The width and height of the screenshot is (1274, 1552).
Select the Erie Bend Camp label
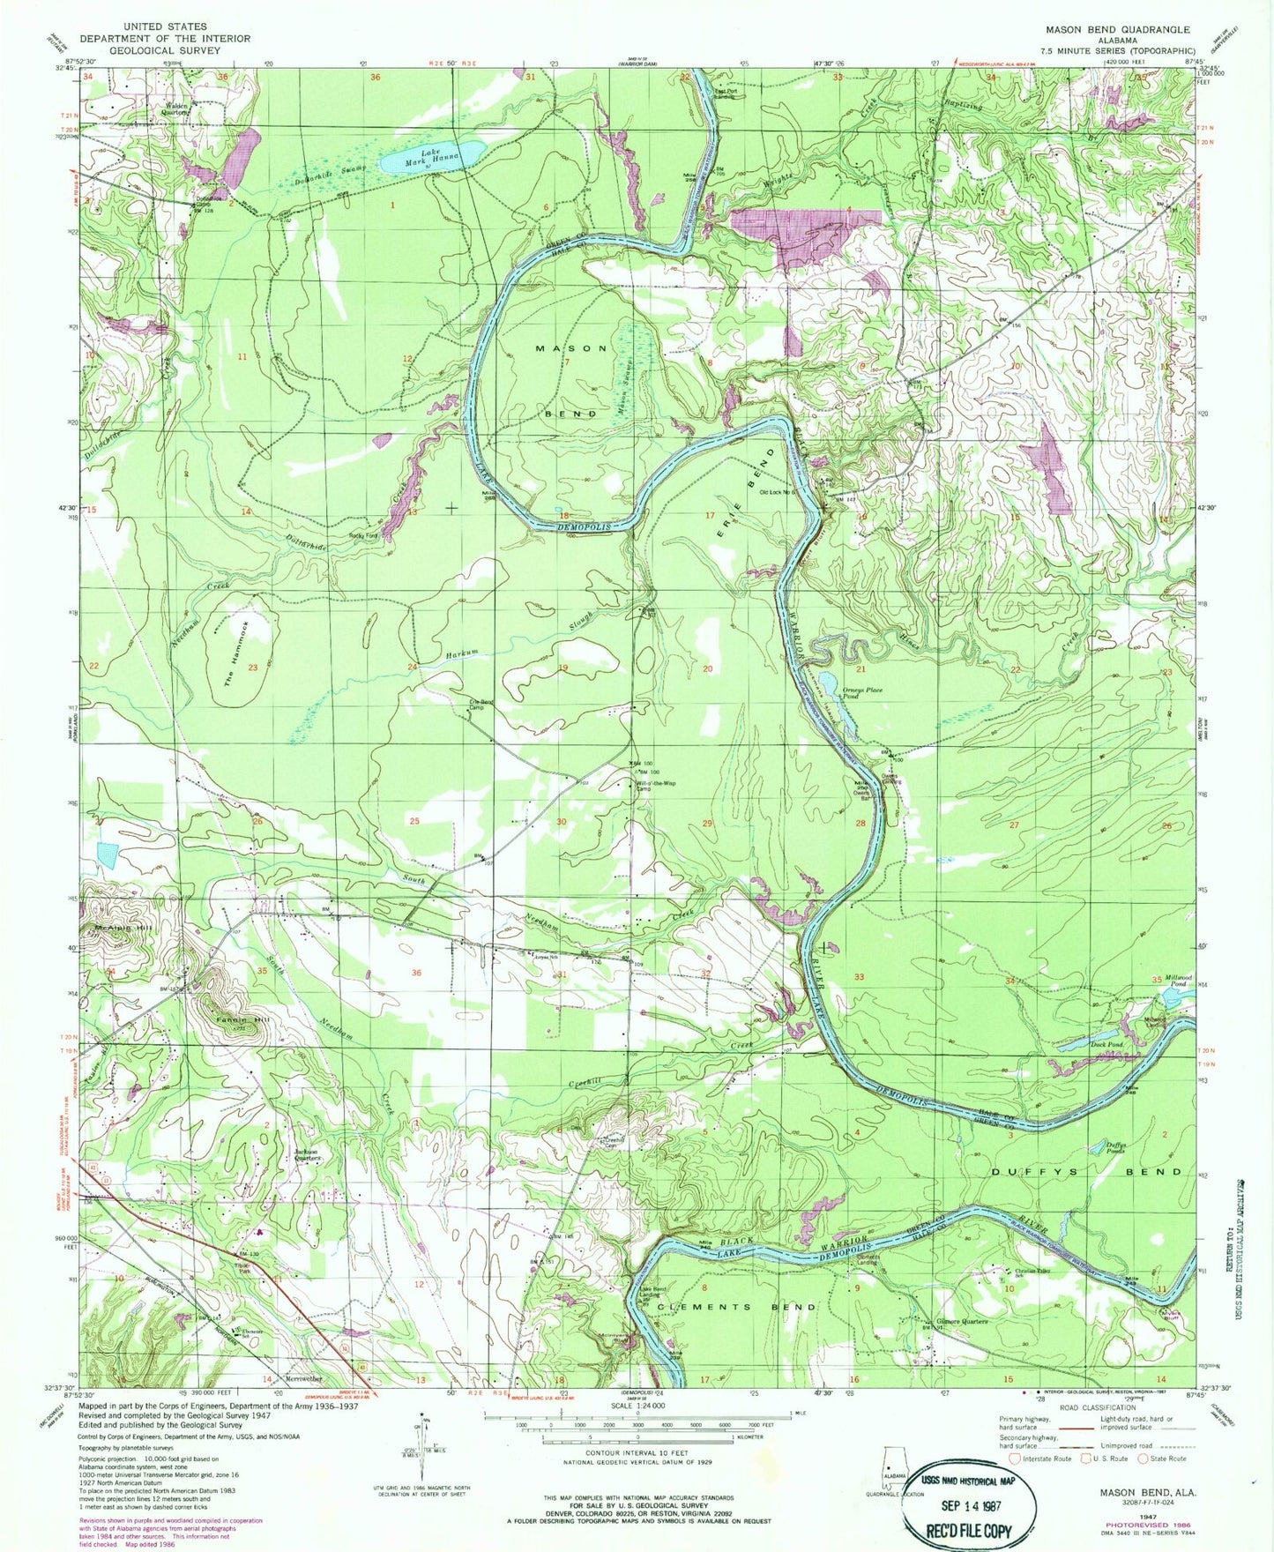tap(481, 705)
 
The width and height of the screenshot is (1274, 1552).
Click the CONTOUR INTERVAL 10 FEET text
tap(632, 1453)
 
